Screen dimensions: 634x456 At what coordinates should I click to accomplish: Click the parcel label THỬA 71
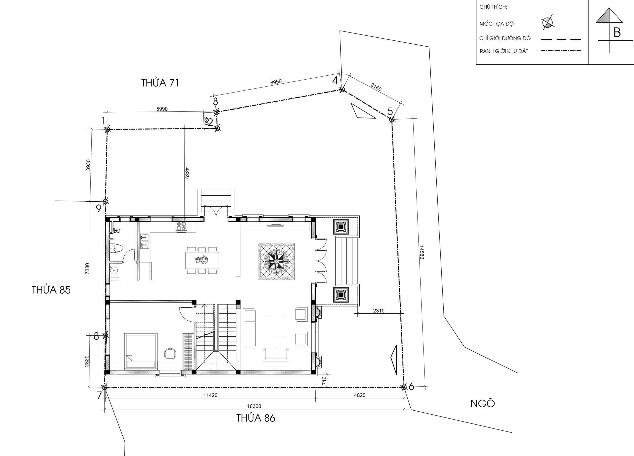(160, 83)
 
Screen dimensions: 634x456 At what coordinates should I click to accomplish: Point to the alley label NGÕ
(483, 403)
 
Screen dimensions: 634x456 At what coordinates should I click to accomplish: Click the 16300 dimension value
(254, 406)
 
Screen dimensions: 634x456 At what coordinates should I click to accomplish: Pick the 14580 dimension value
(422, 252)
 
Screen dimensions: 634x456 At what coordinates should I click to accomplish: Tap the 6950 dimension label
(276, 82)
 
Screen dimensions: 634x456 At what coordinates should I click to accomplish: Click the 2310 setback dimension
(379, 310)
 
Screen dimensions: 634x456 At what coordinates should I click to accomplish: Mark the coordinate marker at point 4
(342, 90)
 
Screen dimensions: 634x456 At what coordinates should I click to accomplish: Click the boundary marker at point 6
(404, 387)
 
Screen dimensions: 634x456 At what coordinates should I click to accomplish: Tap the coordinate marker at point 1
(107, 129)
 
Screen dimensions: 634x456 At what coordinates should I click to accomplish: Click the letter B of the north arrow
(617, 33)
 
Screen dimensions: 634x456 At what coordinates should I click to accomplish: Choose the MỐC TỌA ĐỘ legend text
(497, 24)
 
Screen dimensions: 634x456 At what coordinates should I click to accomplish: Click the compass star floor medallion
(276, 261)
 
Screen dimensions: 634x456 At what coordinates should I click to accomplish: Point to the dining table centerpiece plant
(202, 260)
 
